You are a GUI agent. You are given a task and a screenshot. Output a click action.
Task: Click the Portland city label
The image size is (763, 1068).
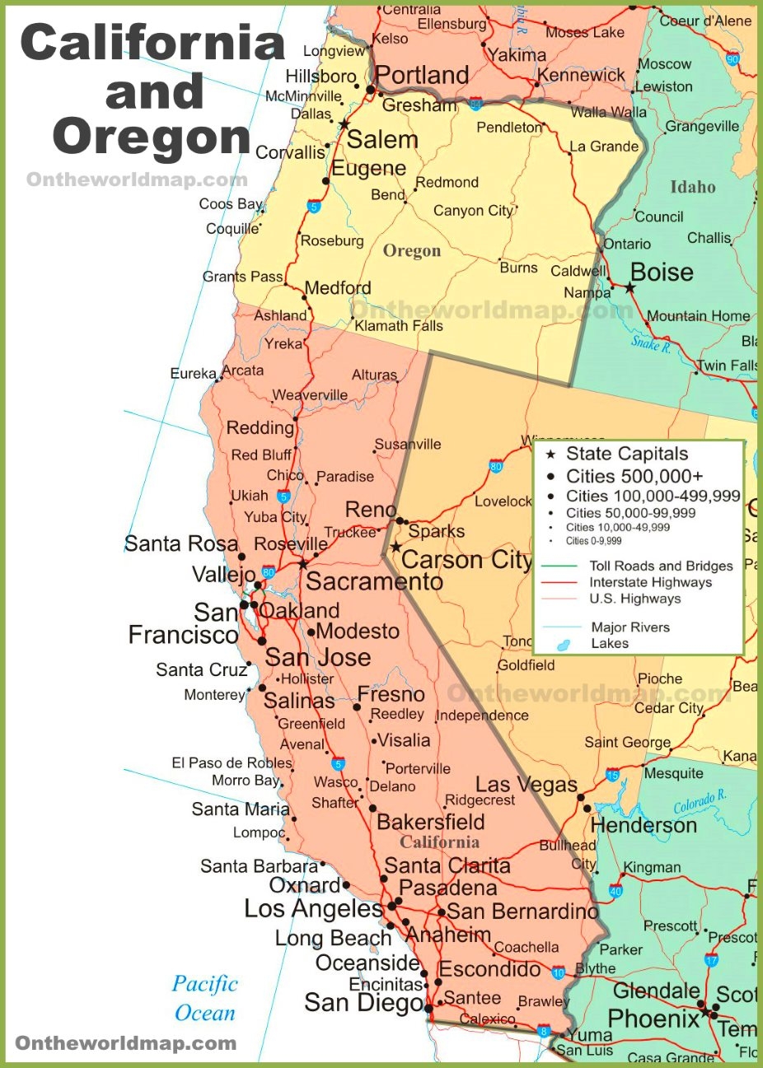click(422, 75)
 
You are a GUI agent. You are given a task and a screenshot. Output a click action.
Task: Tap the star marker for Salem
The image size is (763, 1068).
click(344, 124)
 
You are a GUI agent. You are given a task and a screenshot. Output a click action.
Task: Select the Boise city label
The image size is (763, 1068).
click(662, 272)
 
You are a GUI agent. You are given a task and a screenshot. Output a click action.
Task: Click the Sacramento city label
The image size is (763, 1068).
click(374, 581)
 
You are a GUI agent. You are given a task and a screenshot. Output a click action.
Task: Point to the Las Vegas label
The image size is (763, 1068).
click(527, 785)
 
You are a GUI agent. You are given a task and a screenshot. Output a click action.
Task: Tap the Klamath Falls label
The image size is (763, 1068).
click(399, 325)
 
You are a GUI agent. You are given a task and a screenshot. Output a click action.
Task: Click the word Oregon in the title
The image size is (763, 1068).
click(152, 136)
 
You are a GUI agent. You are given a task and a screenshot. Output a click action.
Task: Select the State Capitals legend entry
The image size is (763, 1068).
click(626, 454)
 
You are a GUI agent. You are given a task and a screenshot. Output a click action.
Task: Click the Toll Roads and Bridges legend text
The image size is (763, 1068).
click(661, 566)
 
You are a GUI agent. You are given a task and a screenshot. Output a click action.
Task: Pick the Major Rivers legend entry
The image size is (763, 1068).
click(630, 627)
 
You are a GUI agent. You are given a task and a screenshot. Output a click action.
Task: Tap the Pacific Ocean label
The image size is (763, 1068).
click(205, 998)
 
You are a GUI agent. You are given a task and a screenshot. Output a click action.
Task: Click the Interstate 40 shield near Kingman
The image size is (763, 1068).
click(616, 890)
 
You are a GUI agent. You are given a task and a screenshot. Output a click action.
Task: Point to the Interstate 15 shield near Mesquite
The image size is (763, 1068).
click(612, 774)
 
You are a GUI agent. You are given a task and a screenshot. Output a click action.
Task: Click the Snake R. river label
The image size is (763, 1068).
click(651, 343)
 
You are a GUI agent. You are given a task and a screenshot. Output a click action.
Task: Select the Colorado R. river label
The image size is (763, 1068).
click(700, 801)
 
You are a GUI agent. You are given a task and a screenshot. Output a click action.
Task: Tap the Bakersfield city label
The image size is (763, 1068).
click(430, 822)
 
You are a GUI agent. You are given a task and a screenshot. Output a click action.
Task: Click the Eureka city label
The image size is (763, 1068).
click(193, 374)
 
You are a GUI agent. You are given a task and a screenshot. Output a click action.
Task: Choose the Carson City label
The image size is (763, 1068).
click(466, 560)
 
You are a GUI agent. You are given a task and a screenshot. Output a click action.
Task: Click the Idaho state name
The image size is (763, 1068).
click(692, 187)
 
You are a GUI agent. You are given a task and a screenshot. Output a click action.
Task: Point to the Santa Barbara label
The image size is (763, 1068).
click(259, 866)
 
